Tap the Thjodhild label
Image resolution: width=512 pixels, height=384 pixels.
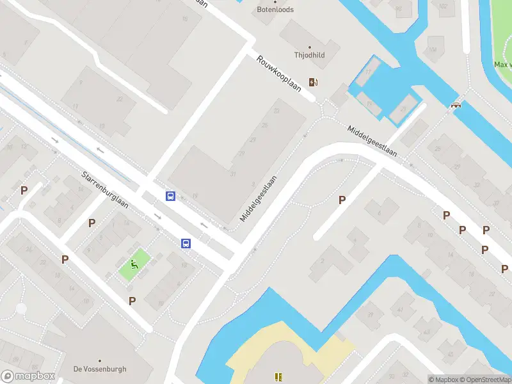[x=309, y=55]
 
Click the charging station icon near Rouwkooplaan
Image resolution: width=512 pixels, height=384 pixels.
[x=313, y=82]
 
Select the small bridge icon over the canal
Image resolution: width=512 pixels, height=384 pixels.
[x=456, y=105]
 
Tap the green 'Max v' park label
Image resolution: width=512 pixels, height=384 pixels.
[x=502, y=65]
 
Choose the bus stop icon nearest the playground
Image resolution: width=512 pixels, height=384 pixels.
[x=186, y=243]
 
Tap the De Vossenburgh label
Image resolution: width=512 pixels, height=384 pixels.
[x=100, y=369]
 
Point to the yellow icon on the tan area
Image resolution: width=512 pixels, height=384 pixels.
[x=278, y=378]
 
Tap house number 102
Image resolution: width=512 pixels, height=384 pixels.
[x=443, y=6]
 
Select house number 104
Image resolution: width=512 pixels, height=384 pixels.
[x=433, y=49]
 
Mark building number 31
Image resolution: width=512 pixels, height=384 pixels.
[x=233, y=175]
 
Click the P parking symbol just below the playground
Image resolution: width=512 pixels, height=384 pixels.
[x=132, y=301]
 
